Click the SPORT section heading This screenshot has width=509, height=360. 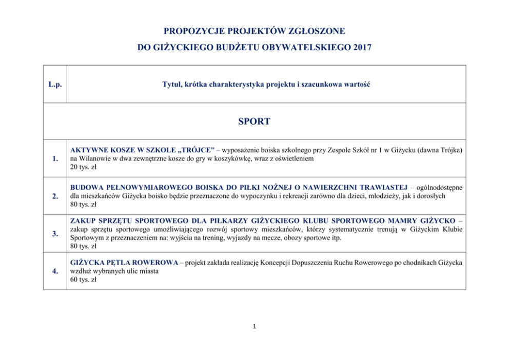tap(254, 122)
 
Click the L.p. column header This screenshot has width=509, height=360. tap(55, 85)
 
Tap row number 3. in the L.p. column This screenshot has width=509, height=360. tap(55, 234)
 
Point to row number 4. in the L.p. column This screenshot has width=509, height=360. tap(55, 271)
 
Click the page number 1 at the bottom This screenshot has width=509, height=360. tap(254, 326)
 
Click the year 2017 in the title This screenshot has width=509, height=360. tap(362, 48)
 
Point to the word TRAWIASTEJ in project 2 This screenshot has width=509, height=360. tap(382, 187)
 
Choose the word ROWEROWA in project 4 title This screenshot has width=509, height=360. tap(156, 263)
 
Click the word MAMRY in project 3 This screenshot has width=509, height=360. tap(400, 221)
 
